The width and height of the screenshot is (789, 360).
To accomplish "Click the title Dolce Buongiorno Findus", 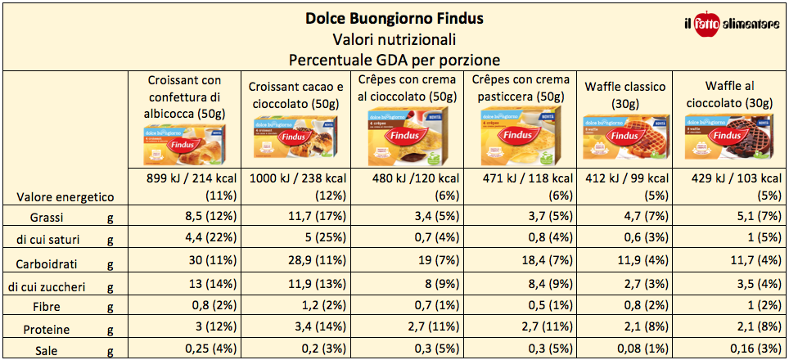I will click(x=394, y=17).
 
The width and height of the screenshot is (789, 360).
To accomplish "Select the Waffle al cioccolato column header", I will click(x=727, y=94).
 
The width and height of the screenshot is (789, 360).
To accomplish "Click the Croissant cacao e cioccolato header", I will click(x=295, y=95).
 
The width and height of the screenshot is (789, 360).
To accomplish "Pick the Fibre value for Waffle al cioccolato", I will click(x=727, y=307).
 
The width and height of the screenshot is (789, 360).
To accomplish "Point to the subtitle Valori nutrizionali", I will click(x=394, y=38).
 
